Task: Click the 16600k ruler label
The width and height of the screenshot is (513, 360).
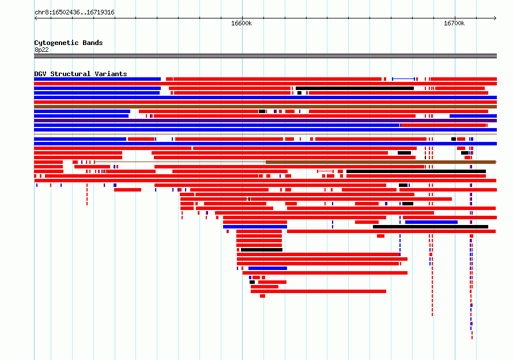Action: [242, 23]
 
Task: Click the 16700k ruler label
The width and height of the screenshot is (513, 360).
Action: [454, 23]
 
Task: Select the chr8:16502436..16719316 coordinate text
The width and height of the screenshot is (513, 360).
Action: [74, 13]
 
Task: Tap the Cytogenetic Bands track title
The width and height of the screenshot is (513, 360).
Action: [69, 43]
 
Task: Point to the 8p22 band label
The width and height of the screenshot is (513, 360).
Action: [42, 50]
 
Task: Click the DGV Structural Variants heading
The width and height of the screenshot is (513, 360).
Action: [81, 74]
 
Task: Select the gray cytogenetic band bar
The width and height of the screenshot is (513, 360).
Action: [265, 56]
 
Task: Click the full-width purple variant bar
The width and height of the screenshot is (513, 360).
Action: [265, 121]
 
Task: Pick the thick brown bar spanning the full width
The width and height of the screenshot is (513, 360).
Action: [265, 107]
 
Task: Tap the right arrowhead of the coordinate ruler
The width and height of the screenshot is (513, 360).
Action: [496, 18]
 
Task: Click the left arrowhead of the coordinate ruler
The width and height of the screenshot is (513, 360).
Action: [35, 18]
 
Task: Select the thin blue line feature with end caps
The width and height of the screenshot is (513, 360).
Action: [403, 79]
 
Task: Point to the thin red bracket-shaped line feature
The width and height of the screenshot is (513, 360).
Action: [325, 171]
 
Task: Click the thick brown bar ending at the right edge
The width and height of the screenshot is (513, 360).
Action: [381, 162]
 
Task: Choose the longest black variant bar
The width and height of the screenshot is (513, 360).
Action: [416, 171]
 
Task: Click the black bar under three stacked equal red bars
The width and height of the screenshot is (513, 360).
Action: [262, 250]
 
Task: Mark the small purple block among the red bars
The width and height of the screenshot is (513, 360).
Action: [275, 111]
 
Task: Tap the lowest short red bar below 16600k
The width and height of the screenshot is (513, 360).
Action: [262, 296]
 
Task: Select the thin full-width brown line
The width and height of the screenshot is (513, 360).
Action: [265, 134]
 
